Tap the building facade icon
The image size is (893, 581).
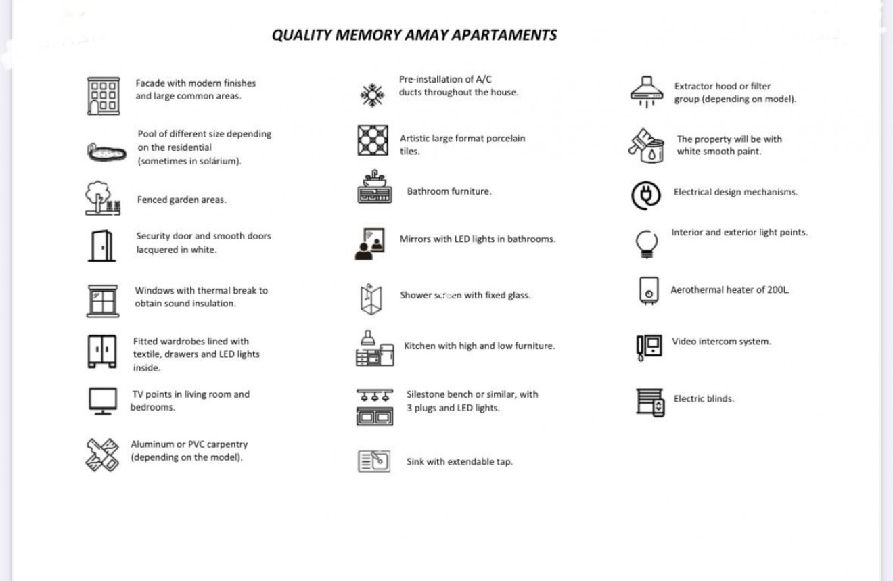coord(103,96)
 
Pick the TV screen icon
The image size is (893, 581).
coord(103,400)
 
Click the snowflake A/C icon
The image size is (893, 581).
coord(371,95)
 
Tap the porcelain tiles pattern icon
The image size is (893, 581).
coord(373,140)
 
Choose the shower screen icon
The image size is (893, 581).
coord(371,299)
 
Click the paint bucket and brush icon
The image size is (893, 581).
coord(647,145)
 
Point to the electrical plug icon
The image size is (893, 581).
coord(646,195)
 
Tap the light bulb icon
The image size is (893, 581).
coord(645,243)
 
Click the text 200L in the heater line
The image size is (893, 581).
coord(777,290)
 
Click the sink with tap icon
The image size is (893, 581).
coord(374,461)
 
